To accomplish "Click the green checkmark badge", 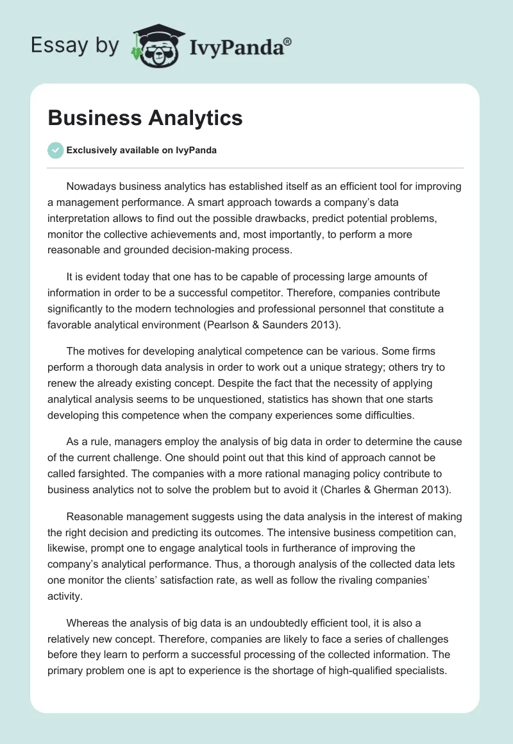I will click(55, 150).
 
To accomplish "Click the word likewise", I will click(68, 549).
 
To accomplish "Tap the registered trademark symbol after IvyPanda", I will click(288, 42).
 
